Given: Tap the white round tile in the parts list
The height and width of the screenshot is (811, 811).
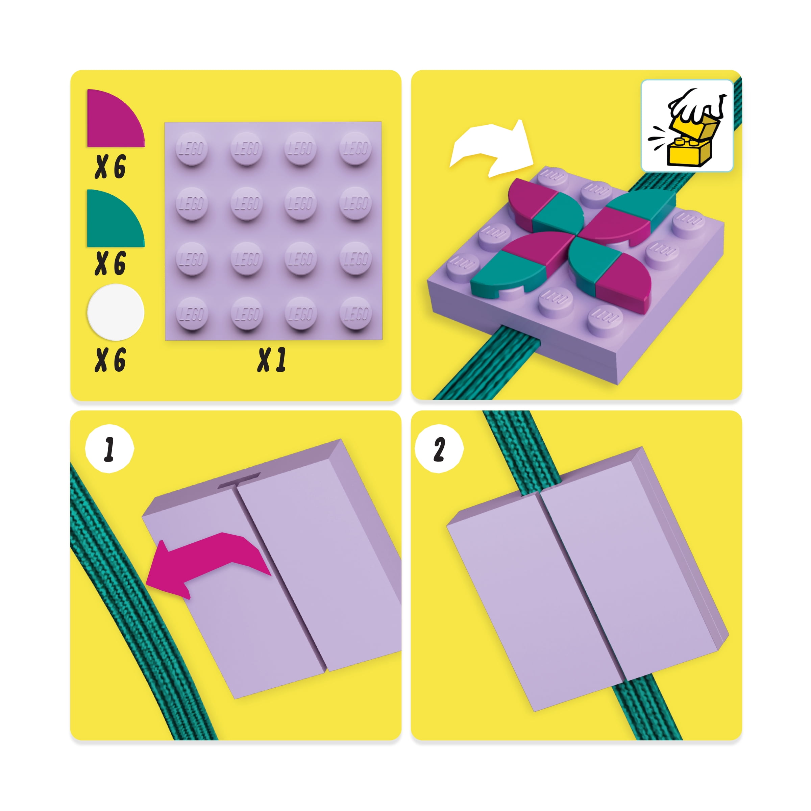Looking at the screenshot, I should point(116,312).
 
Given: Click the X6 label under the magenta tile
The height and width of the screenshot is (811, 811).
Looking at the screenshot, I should point(110,167).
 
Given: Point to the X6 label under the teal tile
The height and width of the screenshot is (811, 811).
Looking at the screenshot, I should point(110,263).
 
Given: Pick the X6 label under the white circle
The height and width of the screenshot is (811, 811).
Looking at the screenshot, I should point(110,360).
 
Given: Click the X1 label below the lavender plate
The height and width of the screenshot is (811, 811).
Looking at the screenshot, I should point(272,360).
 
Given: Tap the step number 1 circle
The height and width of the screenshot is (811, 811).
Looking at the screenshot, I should point(109,449).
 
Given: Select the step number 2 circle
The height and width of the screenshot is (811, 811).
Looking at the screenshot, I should point(439,449).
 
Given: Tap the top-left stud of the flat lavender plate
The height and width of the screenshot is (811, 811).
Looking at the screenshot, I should point(191,148).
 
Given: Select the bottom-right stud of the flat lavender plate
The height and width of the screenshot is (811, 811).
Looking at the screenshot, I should point(355,313).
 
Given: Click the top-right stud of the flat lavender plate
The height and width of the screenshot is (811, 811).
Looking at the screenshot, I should point(355,148).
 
